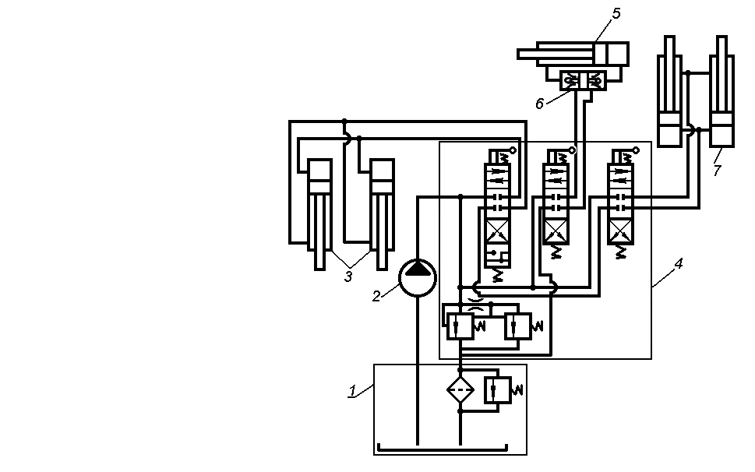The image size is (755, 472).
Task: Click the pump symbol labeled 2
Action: coord(418,276)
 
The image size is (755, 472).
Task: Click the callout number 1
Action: coord(351,391)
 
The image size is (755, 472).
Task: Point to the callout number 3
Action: coord(348,276)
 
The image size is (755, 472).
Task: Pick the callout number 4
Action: coord(678,264)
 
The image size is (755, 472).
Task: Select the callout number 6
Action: coord(539,104)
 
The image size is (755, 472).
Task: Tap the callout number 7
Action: coord(718,171)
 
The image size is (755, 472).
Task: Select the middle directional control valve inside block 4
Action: coord(556,203)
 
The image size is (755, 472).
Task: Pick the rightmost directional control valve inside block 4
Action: coord(621,203)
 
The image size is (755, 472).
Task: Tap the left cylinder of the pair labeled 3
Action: coord(319,210)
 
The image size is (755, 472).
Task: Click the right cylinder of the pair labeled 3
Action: coord(382,210)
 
